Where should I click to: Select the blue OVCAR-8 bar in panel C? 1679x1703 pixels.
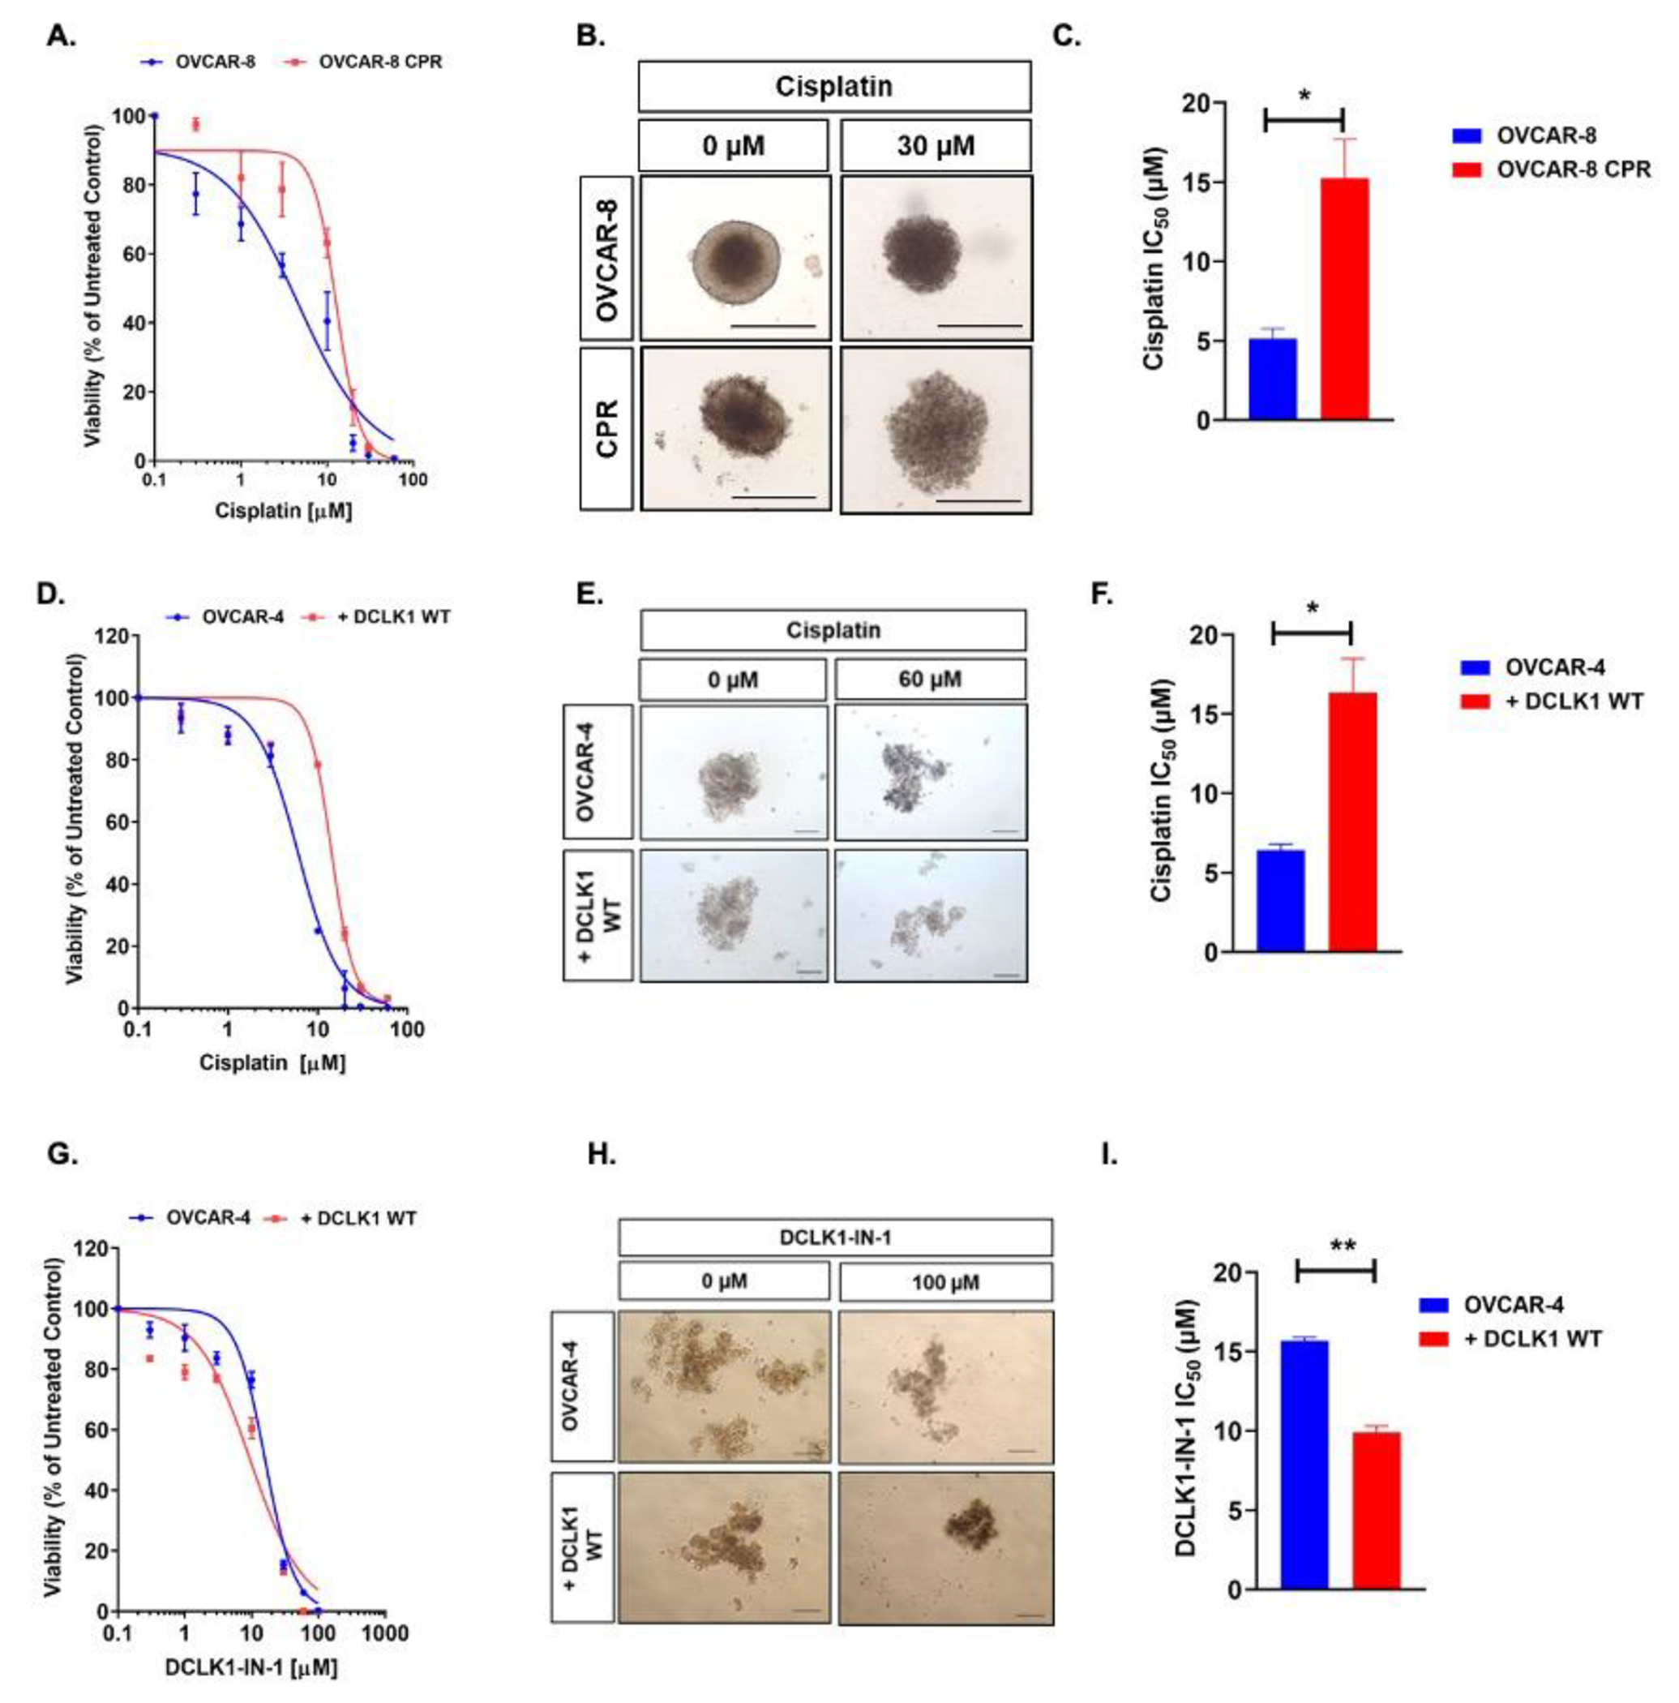point(1273,378)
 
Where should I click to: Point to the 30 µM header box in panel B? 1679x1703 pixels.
point(935,145)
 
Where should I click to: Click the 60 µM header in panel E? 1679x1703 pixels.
point(930,680)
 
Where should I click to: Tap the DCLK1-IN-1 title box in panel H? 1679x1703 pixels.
point(835,1238)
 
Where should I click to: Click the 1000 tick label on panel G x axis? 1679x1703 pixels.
point(383,1633)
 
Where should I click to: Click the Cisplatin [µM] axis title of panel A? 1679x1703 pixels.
point(283,510)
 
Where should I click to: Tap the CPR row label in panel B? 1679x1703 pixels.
point(606,429)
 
